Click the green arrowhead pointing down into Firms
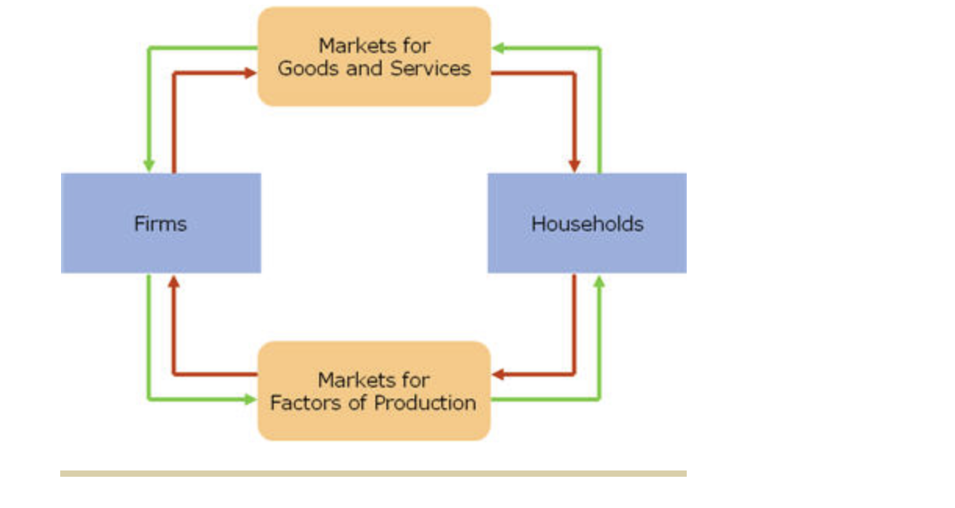pos(149,165)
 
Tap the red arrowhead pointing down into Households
pos(574,165)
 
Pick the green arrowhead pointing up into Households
pos(599,281)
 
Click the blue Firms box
pos(160,224)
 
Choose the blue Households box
pos(587,224)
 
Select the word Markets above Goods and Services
pos(350,45)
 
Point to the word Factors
pos(297,403)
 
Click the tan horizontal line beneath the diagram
pos(373,474)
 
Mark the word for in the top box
pos(412,45)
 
